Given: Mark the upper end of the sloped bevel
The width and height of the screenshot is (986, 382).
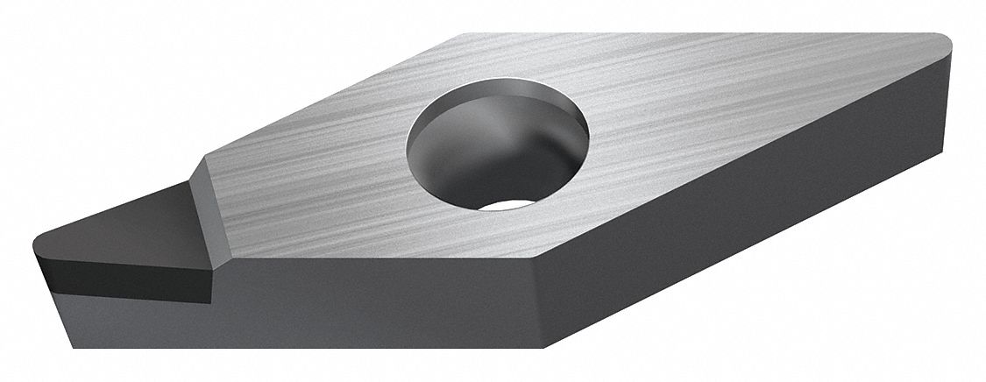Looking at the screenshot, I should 204,162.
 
